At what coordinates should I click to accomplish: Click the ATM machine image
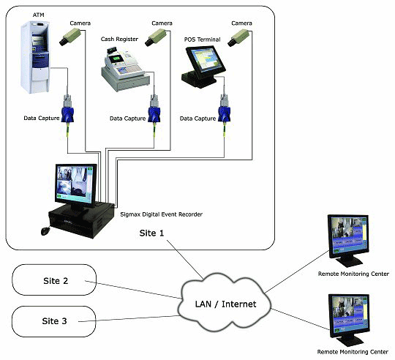point(35,57)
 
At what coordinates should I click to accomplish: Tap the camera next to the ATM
point(70,37)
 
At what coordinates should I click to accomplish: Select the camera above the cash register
point(156,37)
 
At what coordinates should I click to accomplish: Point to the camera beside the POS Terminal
point(238,38)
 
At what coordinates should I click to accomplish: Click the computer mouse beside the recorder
point(45,231)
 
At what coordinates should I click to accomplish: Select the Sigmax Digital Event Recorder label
point(161,214)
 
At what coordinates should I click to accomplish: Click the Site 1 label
point(151,233)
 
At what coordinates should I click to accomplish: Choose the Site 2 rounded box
point(54,280)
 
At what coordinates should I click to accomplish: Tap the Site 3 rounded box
point(54,321)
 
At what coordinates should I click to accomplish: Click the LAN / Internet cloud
point(225,304)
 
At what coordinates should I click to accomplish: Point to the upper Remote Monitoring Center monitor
point(349,240)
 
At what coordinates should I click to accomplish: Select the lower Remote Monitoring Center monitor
point(349,320)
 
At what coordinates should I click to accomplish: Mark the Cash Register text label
point(119,39)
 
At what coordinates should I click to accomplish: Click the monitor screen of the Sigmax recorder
point(75,184)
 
